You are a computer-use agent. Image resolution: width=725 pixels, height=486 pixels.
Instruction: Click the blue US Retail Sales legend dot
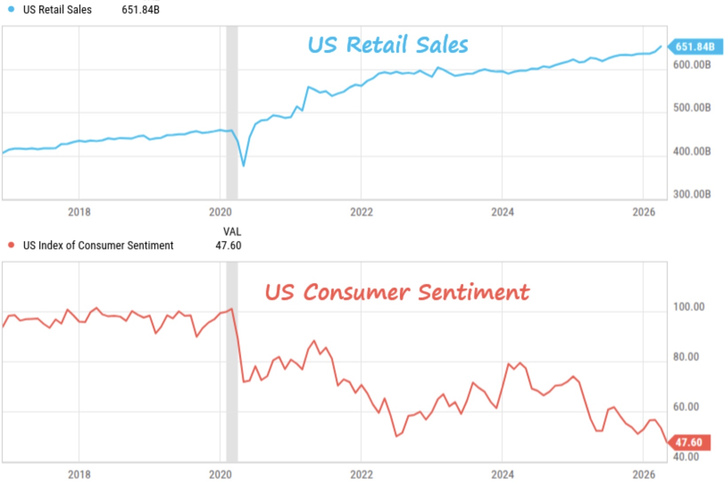(x=11, y=9)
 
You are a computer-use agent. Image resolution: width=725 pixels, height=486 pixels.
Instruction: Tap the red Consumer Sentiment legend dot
(x=11, y=245)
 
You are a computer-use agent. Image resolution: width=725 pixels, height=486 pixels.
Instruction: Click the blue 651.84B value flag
(x=695, y=46)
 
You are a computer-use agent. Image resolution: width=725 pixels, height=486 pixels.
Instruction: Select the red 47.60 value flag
(x=689, y=442)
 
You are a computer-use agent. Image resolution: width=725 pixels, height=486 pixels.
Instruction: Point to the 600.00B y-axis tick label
(x=692, y=65)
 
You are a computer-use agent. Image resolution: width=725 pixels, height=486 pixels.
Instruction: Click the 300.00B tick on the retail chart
(x=692, y=194)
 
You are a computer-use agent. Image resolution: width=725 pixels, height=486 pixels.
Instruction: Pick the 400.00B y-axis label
(x=692, y=151)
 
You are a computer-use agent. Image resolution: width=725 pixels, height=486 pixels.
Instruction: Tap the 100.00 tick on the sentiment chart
(x=689, y=307)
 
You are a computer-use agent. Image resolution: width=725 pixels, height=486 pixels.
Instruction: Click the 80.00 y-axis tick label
(x=686, y=357)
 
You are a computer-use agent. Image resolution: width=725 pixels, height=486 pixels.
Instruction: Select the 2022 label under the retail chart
(x=361, y=212)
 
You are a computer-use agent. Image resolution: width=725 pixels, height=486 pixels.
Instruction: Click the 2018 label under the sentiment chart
(x=79, y=474)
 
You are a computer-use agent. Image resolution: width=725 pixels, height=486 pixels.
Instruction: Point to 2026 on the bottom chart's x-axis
(x=643, y=474)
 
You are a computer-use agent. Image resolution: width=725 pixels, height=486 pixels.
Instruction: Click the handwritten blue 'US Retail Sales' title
(x=388, y=45)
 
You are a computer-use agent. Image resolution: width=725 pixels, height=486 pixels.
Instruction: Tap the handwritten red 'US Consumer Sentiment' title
(x=397, y=292)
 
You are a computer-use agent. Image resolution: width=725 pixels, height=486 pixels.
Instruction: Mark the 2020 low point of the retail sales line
(x=243, y=166)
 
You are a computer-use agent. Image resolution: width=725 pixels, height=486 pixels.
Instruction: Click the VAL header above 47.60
(x=232, y=231)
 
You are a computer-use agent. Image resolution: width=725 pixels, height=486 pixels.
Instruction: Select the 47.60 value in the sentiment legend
(x=228, y=245)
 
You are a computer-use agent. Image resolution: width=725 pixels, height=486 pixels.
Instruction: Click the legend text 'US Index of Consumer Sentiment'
(x=98, y=245)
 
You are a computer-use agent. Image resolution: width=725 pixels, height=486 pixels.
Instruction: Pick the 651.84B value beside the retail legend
(x=140, y=9)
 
